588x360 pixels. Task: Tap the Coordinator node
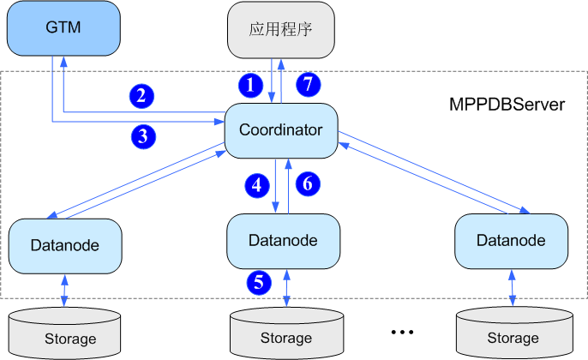(280, 131)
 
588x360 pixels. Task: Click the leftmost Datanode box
(64, 245)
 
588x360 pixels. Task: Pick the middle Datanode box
(283, 241)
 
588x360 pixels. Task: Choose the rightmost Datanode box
(511, 241)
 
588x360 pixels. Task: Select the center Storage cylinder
(285, 334)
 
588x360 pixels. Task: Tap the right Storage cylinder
(513, 334)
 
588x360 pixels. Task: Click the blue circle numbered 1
(249, 85)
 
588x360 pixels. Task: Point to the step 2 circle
(141, 95)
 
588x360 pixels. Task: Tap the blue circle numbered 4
(255, 183)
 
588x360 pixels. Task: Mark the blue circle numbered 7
(308, 85)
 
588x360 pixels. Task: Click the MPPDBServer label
(507, 105)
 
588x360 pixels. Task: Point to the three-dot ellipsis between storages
(402, 331)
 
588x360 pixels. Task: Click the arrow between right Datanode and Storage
(512, 288)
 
